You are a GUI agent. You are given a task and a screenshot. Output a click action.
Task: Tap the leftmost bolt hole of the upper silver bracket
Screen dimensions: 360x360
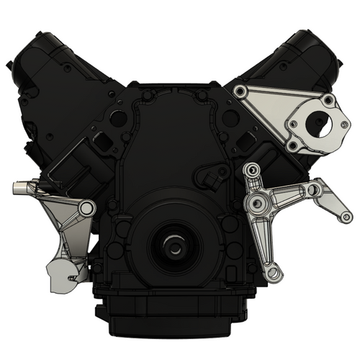pos(240,91)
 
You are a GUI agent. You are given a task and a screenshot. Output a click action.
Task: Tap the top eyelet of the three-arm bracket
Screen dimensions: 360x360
pos(251,170)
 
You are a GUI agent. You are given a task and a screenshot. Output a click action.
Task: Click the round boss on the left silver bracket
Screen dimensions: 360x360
pos(86,209)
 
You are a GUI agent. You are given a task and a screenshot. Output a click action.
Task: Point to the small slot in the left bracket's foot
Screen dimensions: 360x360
pos(72,274)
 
